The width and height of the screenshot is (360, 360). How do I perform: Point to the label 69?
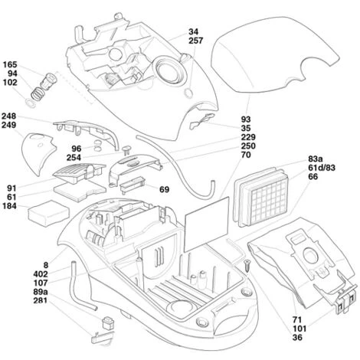pos(164,189)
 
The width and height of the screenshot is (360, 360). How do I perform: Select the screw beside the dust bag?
pos(248,264)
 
